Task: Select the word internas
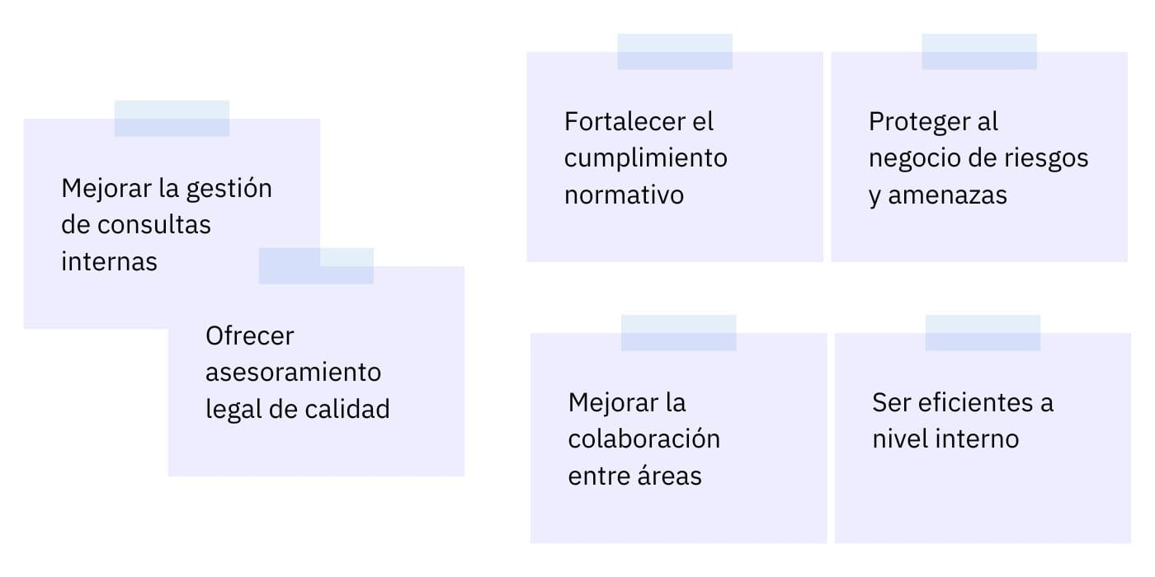coord(109,261)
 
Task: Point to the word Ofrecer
coord(249,335)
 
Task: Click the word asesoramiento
coord(293,372)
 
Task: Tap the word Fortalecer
coord(627,121)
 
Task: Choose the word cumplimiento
coord(645,157)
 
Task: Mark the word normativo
coord(624,195)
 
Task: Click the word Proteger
coord(919,121)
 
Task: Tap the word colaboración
coord(643,439)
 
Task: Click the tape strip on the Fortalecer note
coord(674,51)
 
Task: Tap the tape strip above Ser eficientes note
coord(983,332)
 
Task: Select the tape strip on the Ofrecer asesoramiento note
coord(316,265)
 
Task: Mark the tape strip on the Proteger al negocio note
coord(978,51)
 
